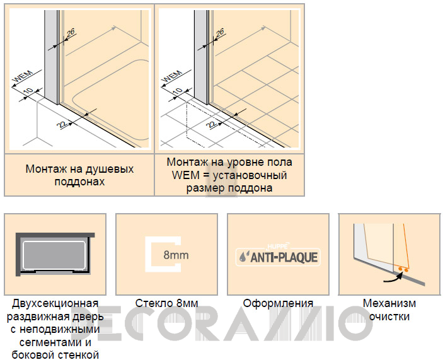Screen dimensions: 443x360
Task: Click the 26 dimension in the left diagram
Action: click(71, 33)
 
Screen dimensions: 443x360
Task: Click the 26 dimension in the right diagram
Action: click(220, 33)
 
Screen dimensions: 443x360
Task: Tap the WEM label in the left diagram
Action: click(23, 76)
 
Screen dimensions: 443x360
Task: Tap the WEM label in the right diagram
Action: click(172, 76)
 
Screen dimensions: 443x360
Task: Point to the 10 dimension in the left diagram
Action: click(28, 91)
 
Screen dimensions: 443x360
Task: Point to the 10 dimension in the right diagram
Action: click(178, 91)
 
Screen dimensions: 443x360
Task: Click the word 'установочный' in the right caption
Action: click(250, 175)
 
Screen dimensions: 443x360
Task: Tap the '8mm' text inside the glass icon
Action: click(176, 255)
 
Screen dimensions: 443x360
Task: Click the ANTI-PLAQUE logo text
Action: click(284, 257)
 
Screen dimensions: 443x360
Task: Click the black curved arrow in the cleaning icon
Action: click(393, 278)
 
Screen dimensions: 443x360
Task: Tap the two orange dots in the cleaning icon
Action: click(403, 270)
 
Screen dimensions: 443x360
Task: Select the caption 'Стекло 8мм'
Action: click(167, 303)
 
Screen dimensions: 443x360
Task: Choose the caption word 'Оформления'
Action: click(278, 303)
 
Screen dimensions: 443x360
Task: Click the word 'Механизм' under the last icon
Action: click(389, 303)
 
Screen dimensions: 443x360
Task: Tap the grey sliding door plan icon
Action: click(55, 254)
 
